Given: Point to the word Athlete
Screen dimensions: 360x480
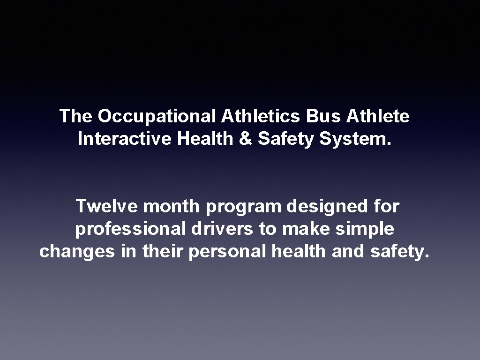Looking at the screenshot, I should (x=378, y=116).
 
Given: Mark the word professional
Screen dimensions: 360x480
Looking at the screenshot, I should (x=131, y=229).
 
